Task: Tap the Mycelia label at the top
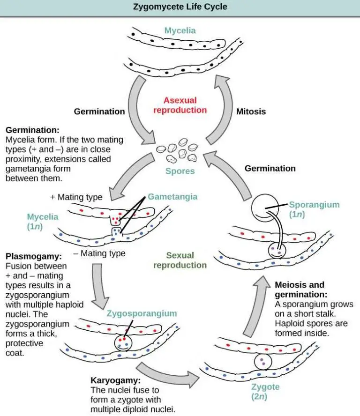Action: pos(180,31)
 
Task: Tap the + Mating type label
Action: pos(76,197)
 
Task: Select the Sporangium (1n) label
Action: pos(314,209)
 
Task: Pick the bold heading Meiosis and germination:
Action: pos(299,289)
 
